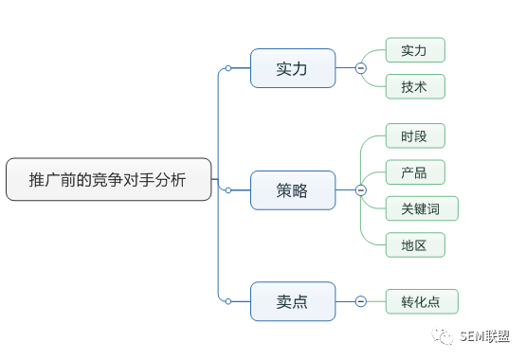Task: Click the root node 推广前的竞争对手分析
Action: click(109, 179)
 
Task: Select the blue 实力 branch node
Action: click(293, 68)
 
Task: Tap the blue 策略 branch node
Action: click(293, 190)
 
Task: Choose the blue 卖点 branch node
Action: click(293, 301)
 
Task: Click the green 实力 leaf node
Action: click(415, 50)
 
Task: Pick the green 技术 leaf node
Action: click(415, 86)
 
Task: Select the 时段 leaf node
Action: click(415, 135)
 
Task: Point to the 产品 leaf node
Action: click(415, 172)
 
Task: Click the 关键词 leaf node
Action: click(422, 208)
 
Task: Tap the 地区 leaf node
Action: click(415, 245)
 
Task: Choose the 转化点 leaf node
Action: click(422, 301)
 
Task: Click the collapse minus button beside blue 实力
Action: click(361, 68)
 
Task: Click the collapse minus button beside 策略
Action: click(361, 190)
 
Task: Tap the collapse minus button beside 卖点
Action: click(361, 301)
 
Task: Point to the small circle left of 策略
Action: click(228, 190)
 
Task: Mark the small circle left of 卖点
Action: click(228, 301)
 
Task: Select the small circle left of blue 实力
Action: click(228, 68)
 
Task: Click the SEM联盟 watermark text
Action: click(484, 336)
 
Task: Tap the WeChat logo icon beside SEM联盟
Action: click(443, 336)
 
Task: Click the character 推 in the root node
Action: click(36, 180)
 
